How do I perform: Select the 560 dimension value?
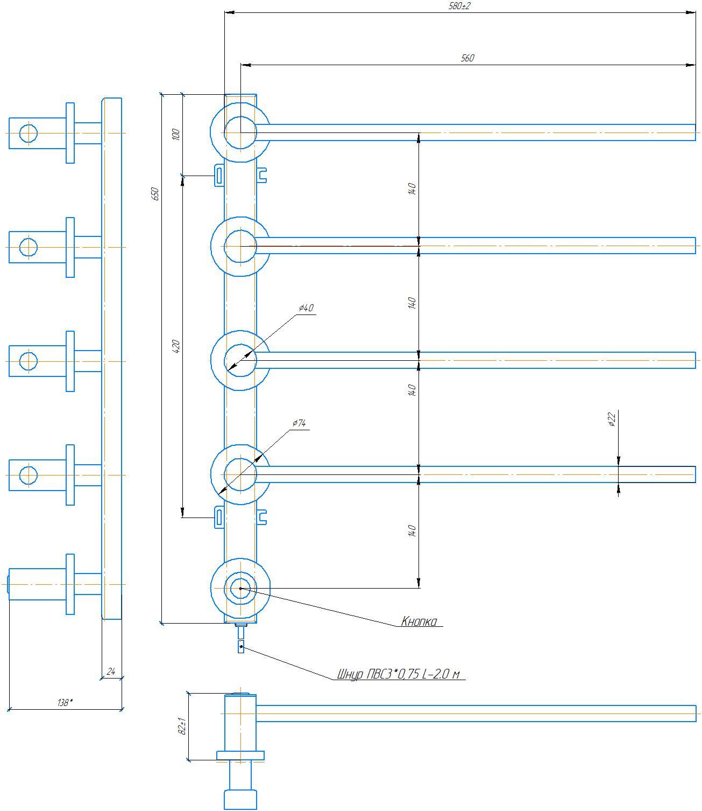pos(467,58)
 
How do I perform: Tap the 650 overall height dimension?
pos(155,194)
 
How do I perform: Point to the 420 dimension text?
pos(176,346)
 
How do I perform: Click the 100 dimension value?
pos(176,134)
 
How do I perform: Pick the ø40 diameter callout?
pos(306,308)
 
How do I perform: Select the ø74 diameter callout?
pos(299,423)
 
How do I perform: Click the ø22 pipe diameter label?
pos(612,420)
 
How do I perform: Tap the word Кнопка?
pos(419,621)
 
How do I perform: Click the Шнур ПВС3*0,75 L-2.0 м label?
pos(399,674)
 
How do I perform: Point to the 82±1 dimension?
pos(183,728)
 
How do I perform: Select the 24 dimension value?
pos(111,672)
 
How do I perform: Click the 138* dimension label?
pos(65,702)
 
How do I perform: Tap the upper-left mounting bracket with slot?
pos(219,176)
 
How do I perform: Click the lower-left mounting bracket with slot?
pos(219,517)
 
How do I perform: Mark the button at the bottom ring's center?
pos(240,588)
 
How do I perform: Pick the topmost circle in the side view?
pos(29,133)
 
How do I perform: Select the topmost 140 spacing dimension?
pos(412,189)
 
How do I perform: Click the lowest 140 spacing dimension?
pos(412,531)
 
